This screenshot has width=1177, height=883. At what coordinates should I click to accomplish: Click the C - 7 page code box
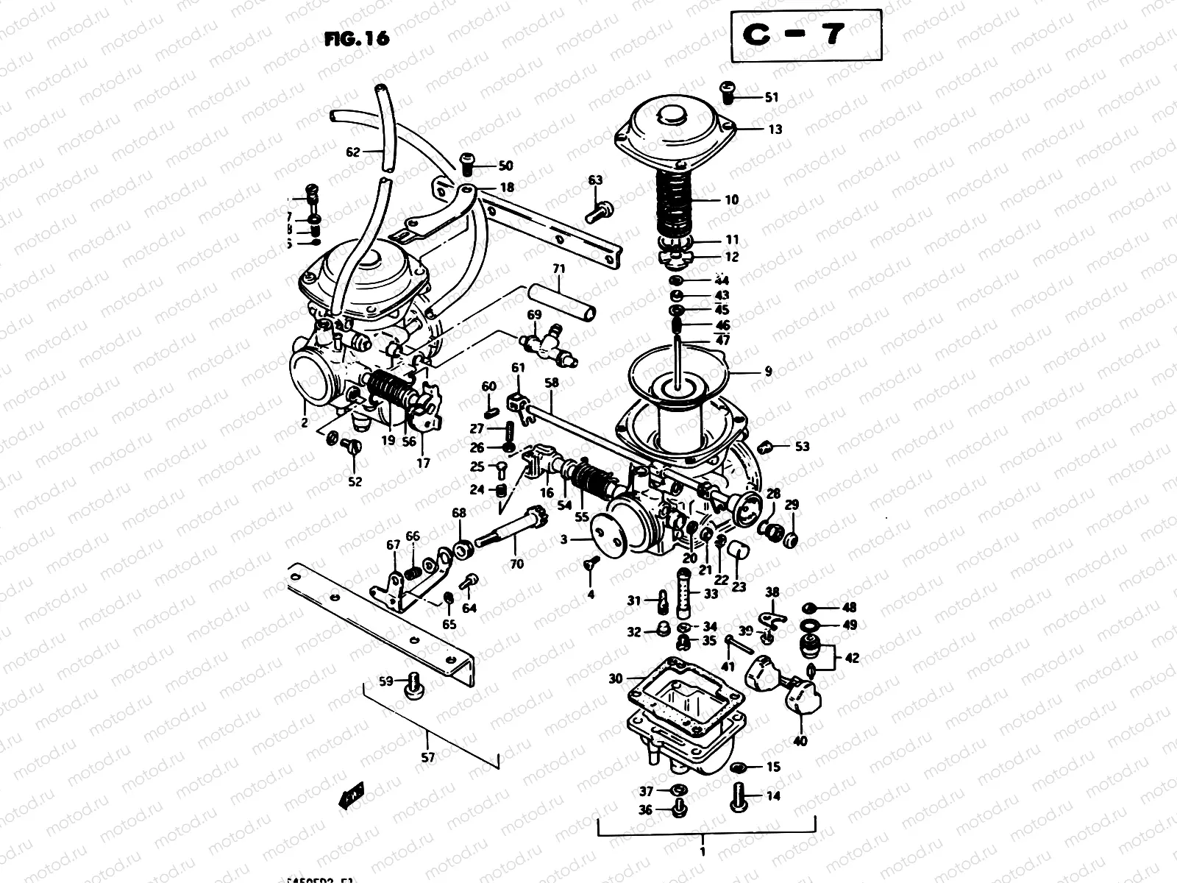click(x=806, y=35)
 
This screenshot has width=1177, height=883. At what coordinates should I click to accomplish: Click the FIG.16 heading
click(x=356, y=38)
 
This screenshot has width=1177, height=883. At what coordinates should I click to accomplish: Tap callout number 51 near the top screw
click(x=771, y=97)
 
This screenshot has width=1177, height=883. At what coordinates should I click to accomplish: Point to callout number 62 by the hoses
click(x=353, y=153)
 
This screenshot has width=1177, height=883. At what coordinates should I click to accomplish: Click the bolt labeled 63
click(x=596, y=212)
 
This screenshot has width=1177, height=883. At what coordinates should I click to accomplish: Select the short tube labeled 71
click(x=561, y=304)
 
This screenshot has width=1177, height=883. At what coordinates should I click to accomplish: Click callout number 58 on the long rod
click(x=552, y=383)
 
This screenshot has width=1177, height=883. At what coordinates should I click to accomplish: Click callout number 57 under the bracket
click(x=427, y=757)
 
